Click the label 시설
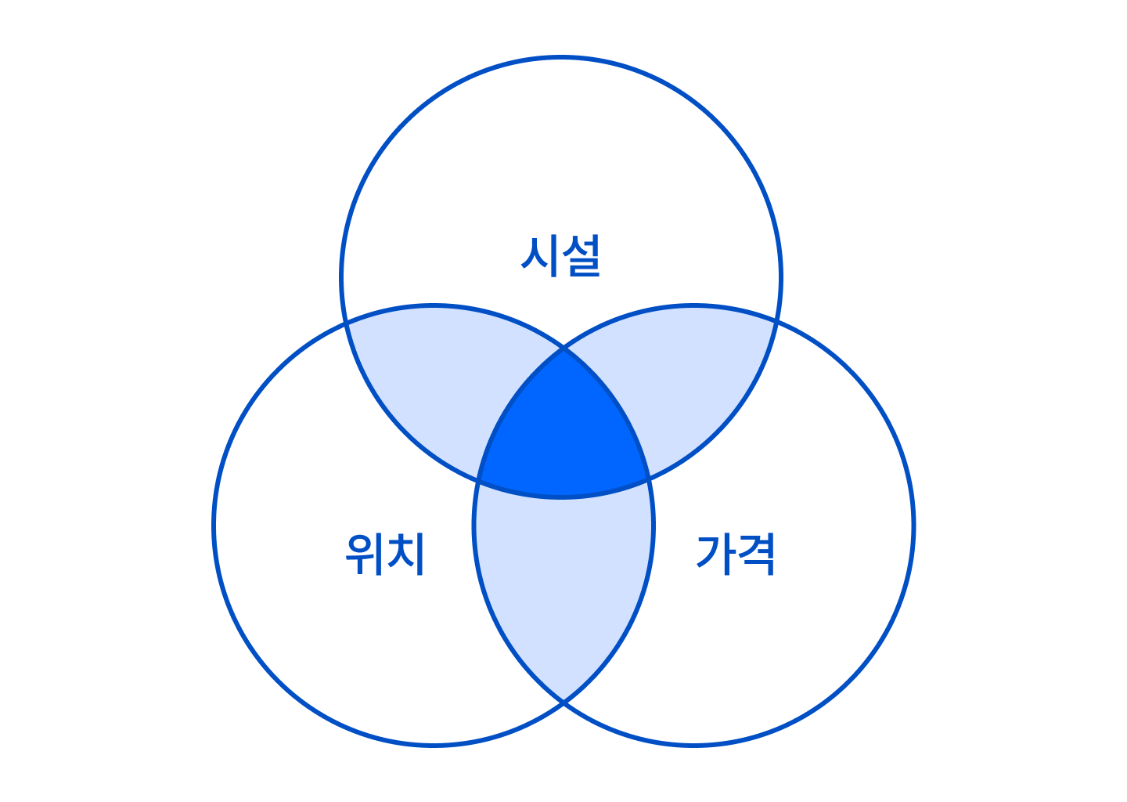560,256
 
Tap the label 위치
385,554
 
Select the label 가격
735,554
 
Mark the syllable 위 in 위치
363,554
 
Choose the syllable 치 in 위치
406,554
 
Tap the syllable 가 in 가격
715,554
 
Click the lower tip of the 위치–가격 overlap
563,701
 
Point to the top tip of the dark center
563,348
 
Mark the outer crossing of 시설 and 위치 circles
346,323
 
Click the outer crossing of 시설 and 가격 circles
777,321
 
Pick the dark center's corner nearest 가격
649,479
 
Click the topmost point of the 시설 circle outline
561,57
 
